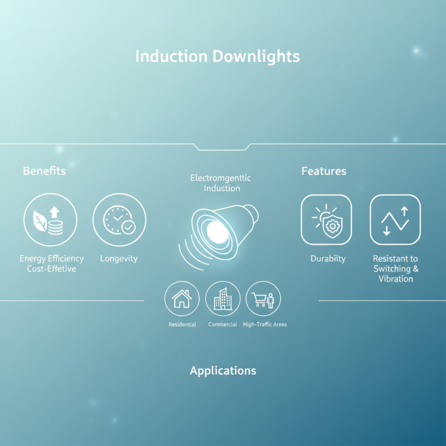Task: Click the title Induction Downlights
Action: pyautogui.click(x=217, y=56)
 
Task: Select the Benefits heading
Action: pyautogui.click(x=44, y=171)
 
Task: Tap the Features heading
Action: pyautogui.click(x=324, y=171)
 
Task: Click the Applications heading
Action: pyautogui.click(x=223, y=371)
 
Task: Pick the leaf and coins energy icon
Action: pyautogui.click(x=50, y=220)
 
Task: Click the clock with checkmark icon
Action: pyautogui.click(x=119, y=220)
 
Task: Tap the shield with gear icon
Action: pyautogui.click(x=326, y=220)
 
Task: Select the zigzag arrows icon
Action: pyautogui.click(x=395, y=220)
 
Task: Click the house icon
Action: pyautogui.click(x=182, y=299)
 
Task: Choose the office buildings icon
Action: pyautogui.click(x=223, y=299)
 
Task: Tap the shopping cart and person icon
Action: pyautogui.click(x=263, y=299)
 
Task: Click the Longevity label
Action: pyautogui.click(x=119, y=259)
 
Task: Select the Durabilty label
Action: pyautogui.click(x=328, y=259)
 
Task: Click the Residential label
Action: pyautogui.click(x=182, y=324)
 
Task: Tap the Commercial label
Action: pyautogui.click(x=222, y=324)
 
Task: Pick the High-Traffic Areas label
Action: pyautogui.click(x=265, y=324)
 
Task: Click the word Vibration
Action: pyautogui.click(x=395, y=278)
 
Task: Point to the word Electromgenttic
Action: pyautogui.click(x=221, y=178)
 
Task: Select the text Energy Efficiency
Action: pyautogui.click(x=52, y=259)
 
